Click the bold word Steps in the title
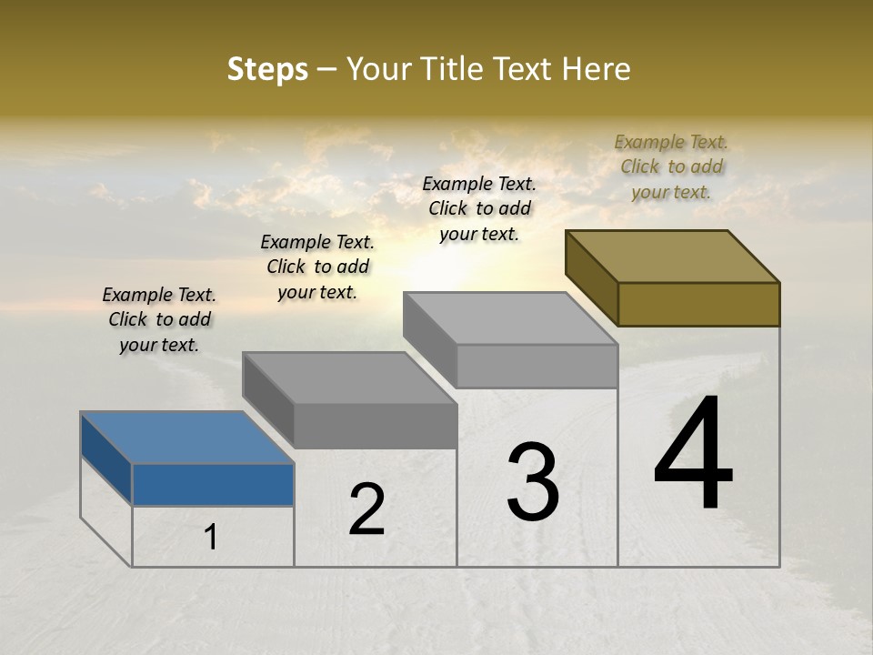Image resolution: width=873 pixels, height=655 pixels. [267, 69]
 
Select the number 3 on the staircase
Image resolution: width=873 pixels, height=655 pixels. [533, 482]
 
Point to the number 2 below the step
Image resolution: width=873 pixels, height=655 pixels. [367, 509]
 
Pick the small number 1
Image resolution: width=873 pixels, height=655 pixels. [210, 538]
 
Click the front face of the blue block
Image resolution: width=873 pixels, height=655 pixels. [213, 484]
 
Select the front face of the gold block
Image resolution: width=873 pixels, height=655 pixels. [698, 304]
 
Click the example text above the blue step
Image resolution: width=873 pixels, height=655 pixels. [159, 319]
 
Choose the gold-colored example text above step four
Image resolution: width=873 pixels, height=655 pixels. [671, 166]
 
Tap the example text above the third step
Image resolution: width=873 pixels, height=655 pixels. [479, 208]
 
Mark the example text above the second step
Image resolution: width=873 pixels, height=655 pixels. [317, 267]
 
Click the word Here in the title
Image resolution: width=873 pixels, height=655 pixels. [597, 69]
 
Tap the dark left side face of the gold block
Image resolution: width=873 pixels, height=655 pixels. [591, 277]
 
